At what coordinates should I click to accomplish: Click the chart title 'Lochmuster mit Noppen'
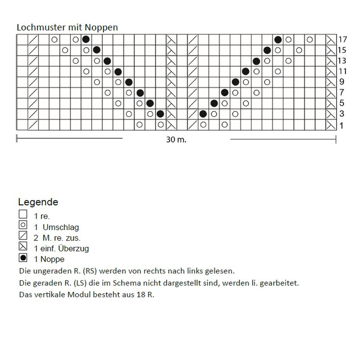pyautogui.click(x=67, y=27)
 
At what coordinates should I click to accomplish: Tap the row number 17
pyautogui.click(x=342, y=39)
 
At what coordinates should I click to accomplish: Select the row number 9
pyautogui.click(x=342, y=82)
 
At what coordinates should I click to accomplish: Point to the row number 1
pyautogui.click(x=341, y=125)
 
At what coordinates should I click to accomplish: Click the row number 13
pyautogui.click(x=342, y=61)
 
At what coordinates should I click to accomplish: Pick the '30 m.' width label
pyautogui.click(x=176, y=140)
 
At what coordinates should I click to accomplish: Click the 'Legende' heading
pyautogui.click(x=38, y=202)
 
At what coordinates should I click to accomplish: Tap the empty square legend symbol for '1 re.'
pyautogui.click(x=23, y=214)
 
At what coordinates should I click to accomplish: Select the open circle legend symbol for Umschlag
pyautogui.click(x=23, y=225)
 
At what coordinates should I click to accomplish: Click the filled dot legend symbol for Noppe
pyautogui.click(x=23, y=258)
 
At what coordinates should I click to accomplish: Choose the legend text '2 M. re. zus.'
pyautogui.click(x=57, y=238)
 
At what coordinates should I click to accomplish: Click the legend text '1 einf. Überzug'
pyautogui.click(x=61, y=249)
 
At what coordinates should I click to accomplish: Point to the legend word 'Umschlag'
pyautogui.click(x=61, y=227)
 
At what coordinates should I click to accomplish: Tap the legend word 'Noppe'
pyautogui.click(x=53, y=259)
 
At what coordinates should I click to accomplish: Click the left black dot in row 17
pyautogui.click(x=86, y=39)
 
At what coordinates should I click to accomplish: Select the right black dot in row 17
pyautogui.click(x=278, y=39)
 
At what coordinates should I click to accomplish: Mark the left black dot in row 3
pyautogui.click(x=160, y=114)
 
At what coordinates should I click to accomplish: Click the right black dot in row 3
pyautogui.click(x=203, y=114)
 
